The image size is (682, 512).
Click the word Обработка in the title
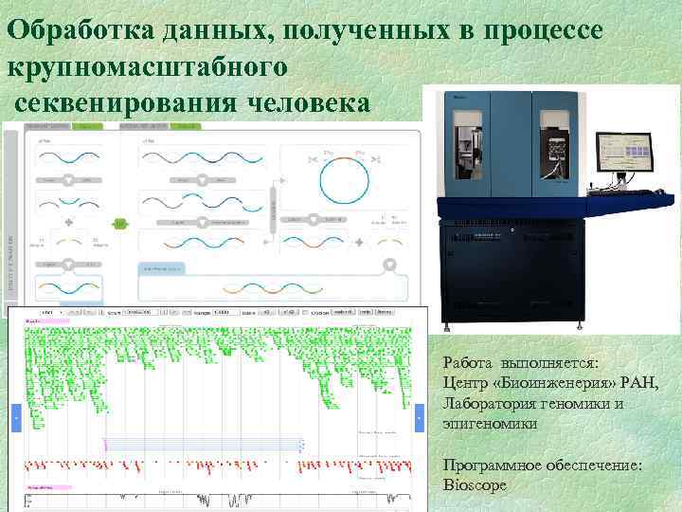coord(67,30)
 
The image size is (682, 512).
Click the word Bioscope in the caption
coord(475,485)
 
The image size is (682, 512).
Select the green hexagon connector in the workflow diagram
coord(120,224)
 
